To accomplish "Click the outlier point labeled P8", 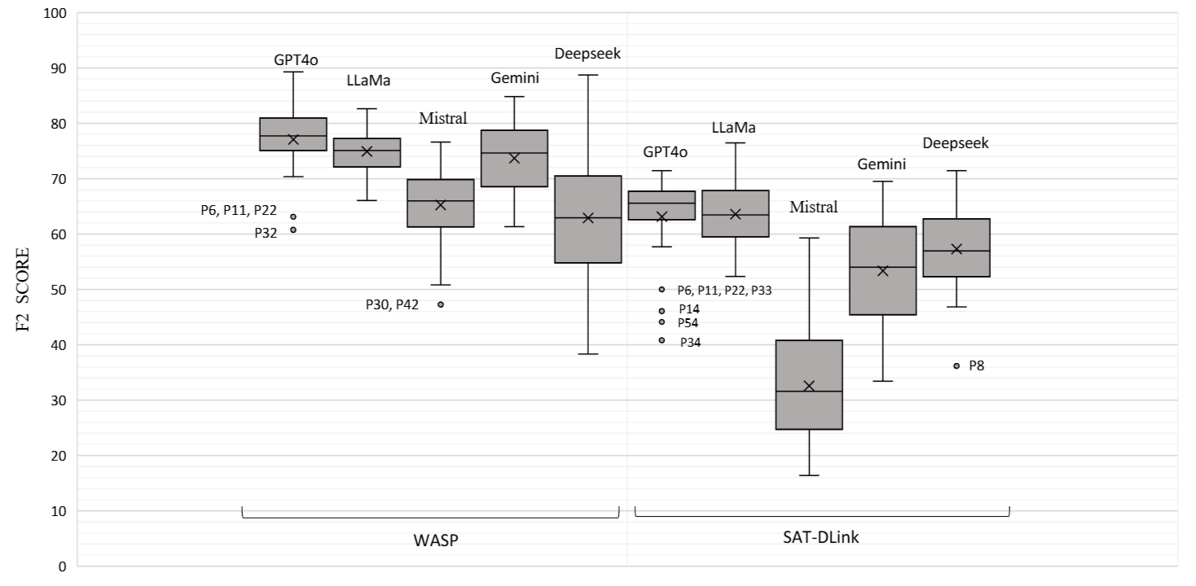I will (x=956, y=366).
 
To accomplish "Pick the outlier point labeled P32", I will (x=293, y=230).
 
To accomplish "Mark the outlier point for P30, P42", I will (x=441, y=304).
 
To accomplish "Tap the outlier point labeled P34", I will (x=662, y=340).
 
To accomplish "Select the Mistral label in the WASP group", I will (x=442, y=118).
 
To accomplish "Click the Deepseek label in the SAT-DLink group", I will (x=956, y=143).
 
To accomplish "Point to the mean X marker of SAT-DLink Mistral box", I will (x=809, y=386).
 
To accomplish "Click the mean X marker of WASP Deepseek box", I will (x=588, y=218).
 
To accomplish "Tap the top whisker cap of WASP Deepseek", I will (x=588, y=75).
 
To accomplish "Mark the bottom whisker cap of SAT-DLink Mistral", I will (x=809, y=475).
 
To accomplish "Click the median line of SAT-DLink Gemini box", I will (x=882, y=267).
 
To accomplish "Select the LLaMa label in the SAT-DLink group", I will (x=734, y=128).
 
